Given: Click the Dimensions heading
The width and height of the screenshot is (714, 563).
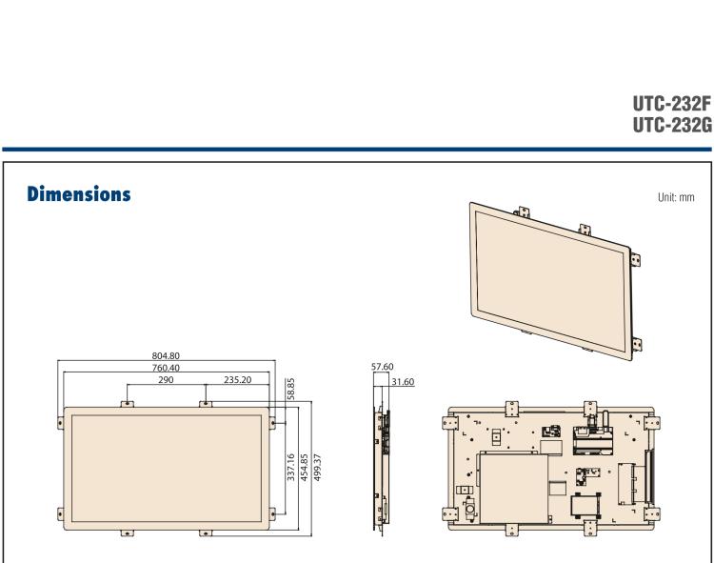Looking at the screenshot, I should point(72,194).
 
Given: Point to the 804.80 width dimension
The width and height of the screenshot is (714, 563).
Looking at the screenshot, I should point(166,356).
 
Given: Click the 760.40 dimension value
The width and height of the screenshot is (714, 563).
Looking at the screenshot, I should point(166,367).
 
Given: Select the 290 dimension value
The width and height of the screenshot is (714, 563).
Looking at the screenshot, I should point(166,378).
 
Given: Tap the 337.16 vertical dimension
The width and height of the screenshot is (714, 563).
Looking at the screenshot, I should point(290,469).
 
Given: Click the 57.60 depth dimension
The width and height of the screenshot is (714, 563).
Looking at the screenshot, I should point(383,364).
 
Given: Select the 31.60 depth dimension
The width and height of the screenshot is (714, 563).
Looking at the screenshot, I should point(403,382).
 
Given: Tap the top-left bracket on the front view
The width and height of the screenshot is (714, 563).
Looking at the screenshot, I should point(127,404).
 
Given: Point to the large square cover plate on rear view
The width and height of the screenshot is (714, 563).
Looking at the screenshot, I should point(514,485).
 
